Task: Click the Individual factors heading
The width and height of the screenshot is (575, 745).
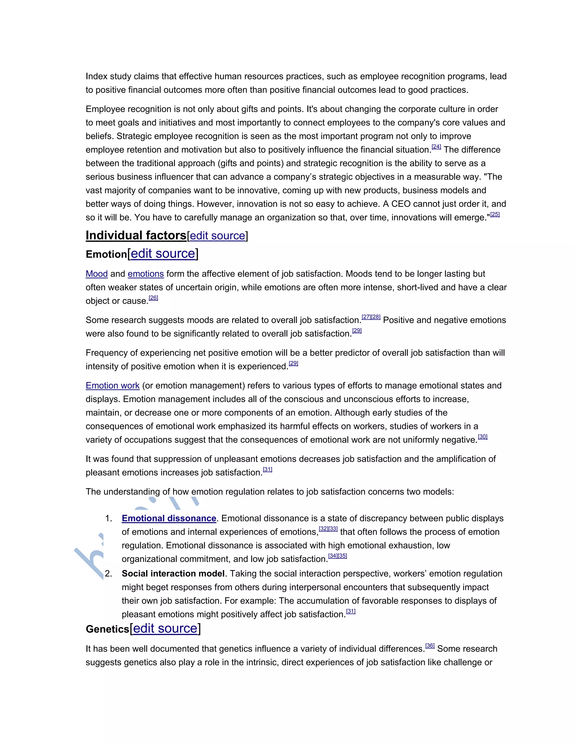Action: (x=136, y=235)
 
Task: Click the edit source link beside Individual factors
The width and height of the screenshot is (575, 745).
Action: (x=217, y=236)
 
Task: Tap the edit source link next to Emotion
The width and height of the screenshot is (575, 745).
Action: (x=163, y=254)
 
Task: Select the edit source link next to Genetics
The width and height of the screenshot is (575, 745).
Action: (x=165, y=628)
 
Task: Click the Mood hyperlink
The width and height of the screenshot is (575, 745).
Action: (x=97, y=274)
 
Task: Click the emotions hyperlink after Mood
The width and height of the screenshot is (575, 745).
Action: (x=146, y=274)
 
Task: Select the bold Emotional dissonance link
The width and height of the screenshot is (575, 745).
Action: (x=169, y=518)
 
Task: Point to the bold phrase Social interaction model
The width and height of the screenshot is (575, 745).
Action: (x=173, y=574)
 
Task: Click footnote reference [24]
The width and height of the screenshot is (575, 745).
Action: (x=436, y=147)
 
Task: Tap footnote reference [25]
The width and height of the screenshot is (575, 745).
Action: (x=495, y=214)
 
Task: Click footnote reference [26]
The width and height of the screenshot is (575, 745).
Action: (x=154, y=298)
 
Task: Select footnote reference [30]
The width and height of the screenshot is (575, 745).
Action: (x=483, y=437)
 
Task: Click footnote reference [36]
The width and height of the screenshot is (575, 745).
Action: (x=430, y=645)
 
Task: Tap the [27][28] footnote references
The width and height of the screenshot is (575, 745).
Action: (x=371, y=317)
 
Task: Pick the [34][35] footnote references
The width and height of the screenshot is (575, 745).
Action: (x=337, y=556)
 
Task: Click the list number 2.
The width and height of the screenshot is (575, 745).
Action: (x=108, y=574)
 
